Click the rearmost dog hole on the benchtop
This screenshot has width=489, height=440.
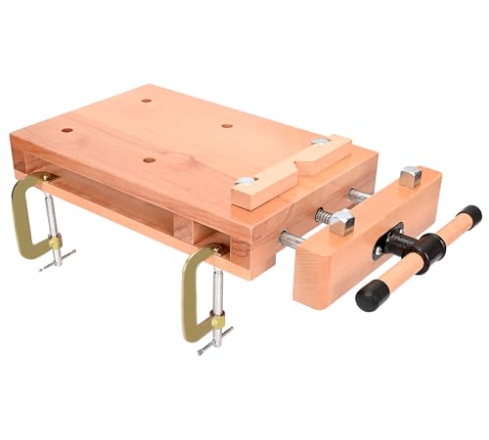click(146, 100)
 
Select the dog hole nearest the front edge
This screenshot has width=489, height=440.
click(149, 159)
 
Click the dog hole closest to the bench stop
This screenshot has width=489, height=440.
click(227, 125)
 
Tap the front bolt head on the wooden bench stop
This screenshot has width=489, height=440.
click(246, 181)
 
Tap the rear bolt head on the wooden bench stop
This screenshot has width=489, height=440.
click(320, 142)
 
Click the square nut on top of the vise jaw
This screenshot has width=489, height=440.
click(411, 177)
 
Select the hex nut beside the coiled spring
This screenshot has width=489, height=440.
click(341, 223)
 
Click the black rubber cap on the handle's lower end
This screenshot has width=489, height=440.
click(370, 296)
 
